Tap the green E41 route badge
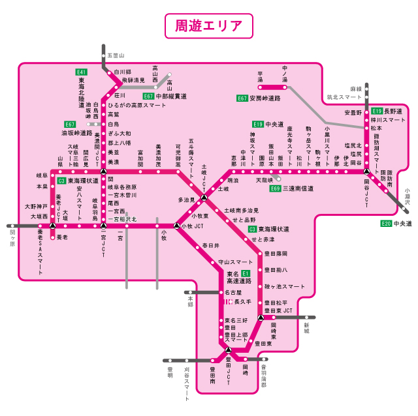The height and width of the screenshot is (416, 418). click(x=82, y=72)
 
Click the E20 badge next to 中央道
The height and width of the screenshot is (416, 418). click(x=387, y=224)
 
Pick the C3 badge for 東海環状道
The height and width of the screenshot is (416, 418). click(x=252, y=230)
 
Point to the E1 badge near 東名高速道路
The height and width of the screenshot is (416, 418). click(x=246, y=273)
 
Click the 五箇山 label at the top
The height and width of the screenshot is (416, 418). click(x=116, y=56)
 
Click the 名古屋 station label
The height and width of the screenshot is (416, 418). click(x=234, y=293)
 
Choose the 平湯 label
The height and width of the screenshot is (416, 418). click(x=260, y=76)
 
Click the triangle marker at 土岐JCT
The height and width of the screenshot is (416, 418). click(x=204, y=197)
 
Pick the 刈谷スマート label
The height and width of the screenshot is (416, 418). click(x=187, y=380)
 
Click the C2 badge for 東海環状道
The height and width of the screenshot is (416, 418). click(x=61, y=181)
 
